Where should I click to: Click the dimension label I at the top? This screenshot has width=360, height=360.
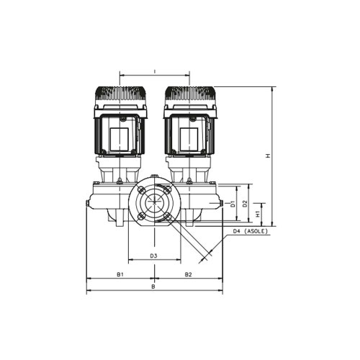[x=155, y=70]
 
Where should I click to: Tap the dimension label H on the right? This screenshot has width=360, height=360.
[x=267, y=155]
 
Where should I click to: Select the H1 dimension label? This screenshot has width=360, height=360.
[x=258, y=214]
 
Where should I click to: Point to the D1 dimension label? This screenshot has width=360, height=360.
[x=232, y=204]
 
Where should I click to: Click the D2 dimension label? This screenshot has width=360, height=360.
[x=245, y=204]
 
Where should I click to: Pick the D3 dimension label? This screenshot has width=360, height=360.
[x=153, y=256]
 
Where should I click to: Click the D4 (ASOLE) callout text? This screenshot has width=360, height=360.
[x=251, y=231]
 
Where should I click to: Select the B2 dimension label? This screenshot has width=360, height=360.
[x=188, y=274]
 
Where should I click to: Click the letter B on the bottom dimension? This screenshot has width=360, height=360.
[x=153, y=287]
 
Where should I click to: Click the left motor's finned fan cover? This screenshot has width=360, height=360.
[x=120, y=95]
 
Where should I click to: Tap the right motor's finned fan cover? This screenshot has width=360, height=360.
[x=190, y=95]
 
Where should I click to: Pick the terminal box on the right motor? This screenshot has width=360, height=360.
[x=189, y=135]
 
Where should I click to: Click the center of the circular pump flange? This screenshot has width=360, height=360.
[x=153, y=203]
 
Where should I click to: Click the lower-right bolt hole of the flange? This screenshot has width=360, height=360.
[x=166, y=217]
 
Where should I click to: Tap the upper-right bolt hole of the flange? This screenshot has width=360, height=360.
[x=166, y=190]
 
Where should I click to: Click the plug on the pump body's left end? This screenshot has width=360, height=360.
[x=88, y=204]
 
